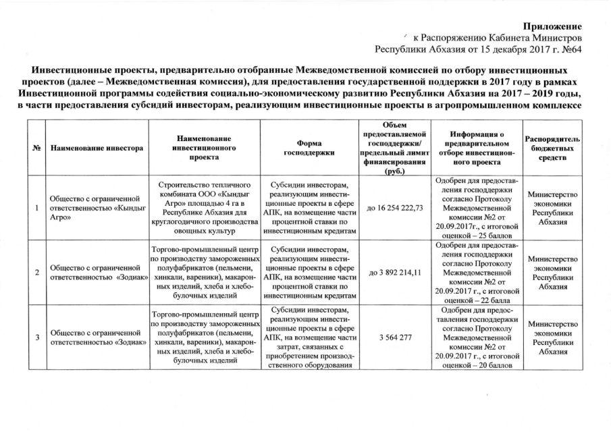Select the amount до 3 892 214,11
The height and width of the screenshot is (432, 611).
tap(391, 272)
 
